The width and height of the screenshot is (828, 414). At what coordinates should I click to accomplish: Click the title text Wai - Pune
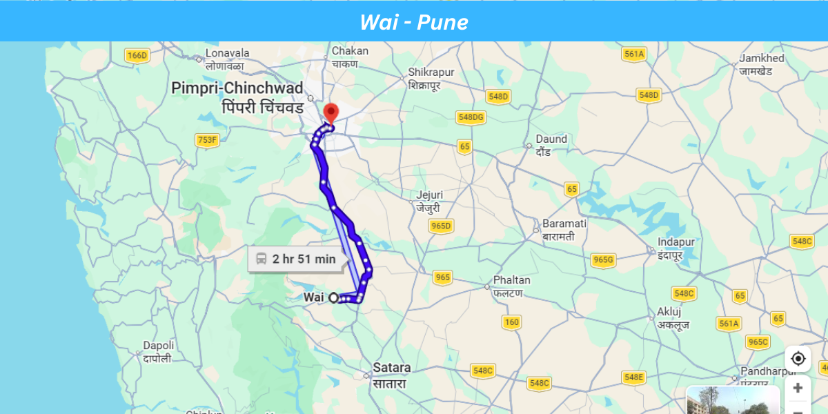pyautogui.click(x=413, y=22)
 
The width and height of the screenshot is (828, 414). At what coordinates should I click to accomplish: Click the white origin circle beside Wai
pyautogui.click(x=334, y=297)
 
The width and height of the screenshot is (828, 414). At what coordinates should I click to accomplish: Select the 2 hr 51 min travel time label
pyautogui.click(x=304, y=259)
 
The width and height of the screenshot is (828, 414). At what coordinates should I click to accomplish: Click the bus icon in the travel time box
pyautogui.click(x=262, y=259)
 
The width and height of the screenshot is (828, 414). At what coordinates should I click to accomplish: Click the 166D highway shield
pyautogui.click(x=137, y=56)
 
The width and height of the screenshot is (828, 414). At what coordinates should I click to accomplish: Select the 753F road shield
pyautogui.click(x=207, y=141)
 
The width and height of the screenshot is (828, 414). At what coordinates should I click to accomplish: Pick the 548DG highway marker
pyautogui.click(x=471, y=118)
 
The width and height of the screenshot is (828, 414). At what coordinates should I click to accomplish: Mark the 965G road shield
pyautogui.click(x=603, y=260)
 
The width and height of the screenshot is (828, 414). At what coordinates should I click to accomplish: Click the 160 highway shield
pyautogui.click(x=511, y=322)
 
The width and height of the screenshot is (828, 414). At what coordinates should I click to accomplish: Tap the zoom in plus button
pyautogui.click(x=798, y=388)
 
